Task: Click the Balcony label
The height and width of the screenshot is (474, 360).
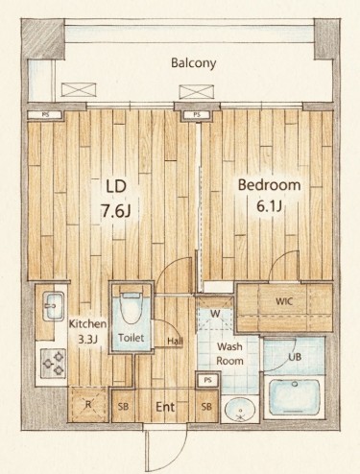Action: coord(193,63)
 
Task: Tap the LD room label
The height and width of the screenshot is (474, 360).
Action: coord(116,186)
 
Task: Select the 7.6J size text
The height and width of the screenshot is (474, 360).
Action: coord(115,210)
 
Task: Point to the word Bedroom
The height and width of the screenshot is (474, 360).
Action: coord(269,185)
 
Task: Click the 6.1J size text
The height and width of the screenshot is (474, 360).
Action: coord(269,206)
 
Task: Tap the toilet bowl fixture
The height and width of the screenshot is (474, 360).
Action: coord(132,308)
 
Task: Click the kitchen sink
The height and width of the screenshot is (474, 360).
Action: coord(53,306)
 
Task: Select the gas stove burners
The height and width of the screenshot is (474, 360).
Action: coord(53,363)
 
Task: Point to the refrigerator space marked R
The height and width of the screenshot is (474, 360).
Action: coord(88,404)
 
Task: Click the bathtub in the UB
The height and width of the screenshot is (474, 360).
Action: coord(295,396)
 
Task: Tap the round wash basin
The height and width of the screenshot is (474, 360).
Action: coord(240,410)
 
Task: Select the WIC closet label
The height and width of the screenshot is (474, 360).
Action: coord(284,301)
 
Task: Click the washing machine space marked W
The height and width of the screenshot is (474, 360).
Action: coord(215,314)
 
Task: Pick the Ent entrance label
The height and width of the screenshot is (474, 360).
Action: coord(165,407)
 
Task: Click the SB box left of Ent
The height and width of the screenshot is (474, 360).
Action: coord(123,406)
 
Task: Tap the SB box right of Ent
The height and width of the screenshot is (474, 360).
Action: coord(206,406)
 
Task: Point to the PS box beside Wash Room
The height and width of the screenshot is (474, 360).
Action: coord(207,380)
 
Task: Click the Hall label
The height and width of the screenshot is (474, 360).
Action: coord(176,342)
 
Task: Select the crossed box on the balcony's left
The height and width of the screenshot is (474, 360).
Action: coord(79,89)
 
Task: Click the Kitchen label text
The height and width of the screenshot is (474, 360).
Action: coord(87,323)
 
